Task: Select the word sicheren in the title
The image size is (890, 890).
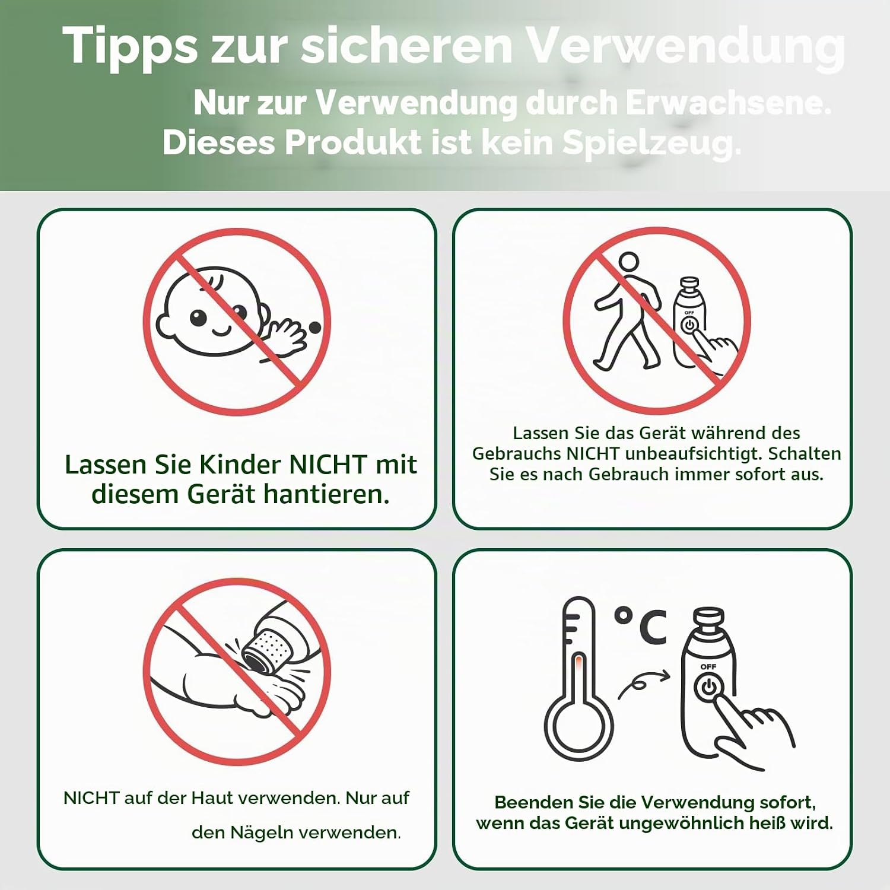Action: (x=406, y=45)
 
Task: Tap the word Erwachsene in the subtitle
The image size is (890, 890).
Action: (x=728, y=103)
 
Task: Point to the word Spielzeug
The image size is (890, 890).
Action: (x=651, y=144)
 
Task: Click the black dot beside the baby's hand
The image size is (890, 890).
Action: (x=315, y=327)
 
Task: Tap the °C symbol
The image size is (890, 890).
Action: (x=640, y=625)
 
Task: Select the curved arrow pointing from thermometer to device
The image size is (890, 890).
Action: (x=643, y=684)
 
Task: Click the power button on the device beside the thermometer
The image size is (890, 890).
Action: (x=708, y=689)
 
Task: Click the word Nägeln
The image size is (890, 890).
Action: (x=261, y=833)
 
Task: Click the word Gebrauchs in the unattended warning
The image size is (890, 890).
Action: (x=517, y=454)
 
